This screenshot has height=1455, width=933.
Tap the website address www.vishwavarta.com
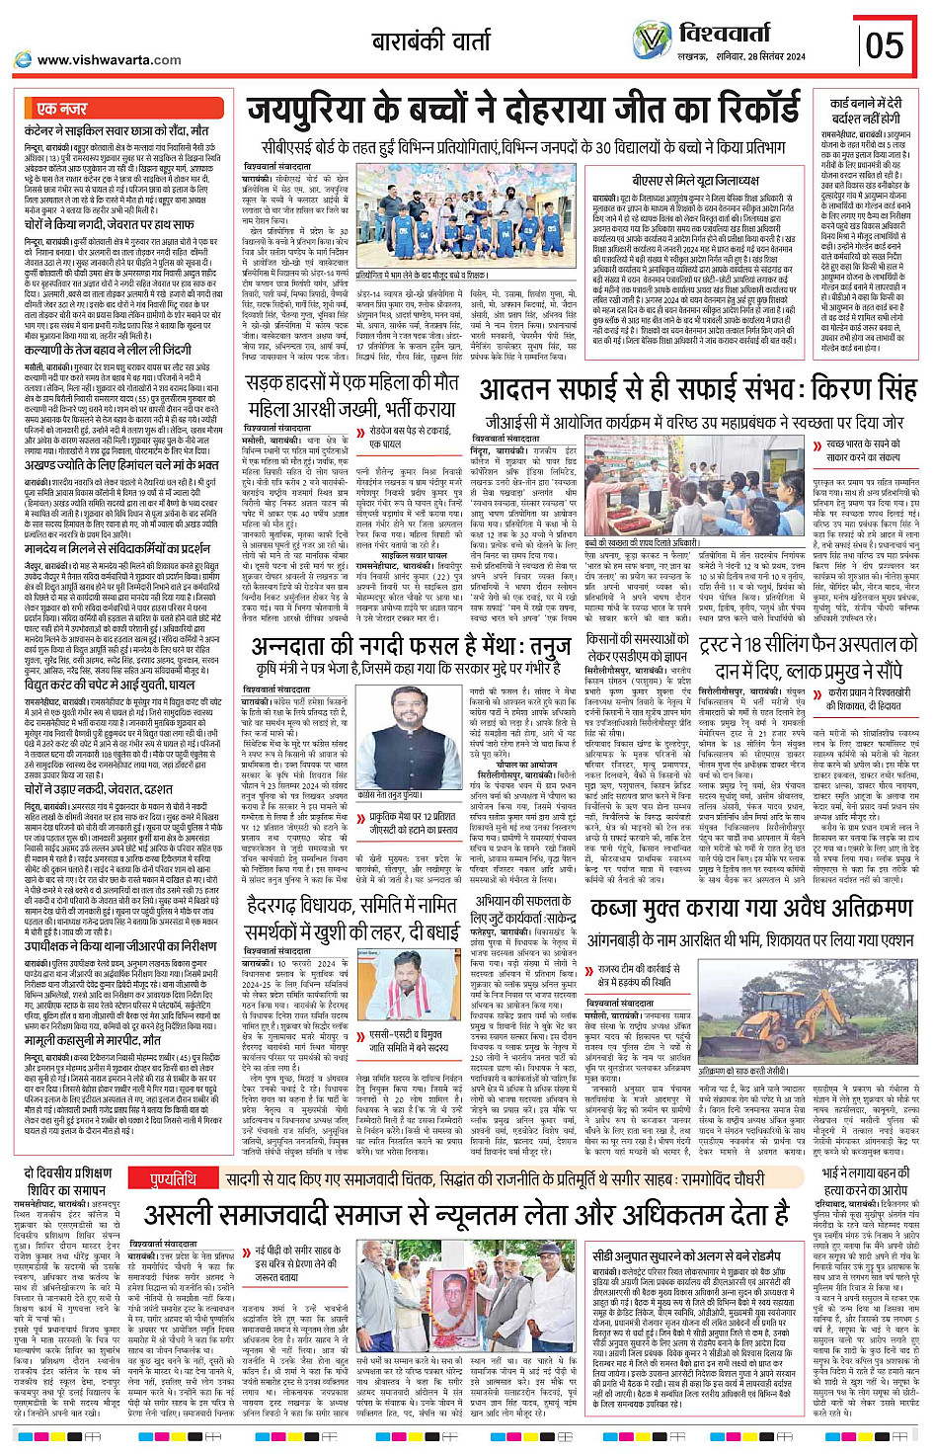(x=109, y=60)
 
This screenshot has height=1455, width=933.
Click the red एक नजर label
(x=61, y=109)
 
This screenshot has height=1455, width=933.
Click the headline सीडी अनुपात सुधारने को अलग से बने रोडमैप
(x=686, y=1255)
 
